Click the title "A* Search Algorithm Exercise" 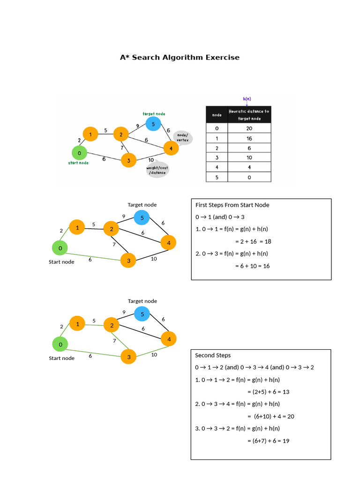(180, 57)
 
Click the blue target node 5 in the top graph (153, 124)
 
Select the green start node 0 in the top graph (79, 153)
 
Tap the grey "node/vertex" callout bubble (183, 137)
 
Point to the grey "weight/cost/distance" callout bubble (157, 170)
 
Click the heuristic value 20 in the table (249, 128)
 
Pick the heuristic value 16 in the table (249, 138)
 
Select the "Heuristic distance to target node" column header (249, 115)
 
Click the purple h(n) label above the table (247, 99)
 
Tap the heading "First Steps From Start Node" (232, 205)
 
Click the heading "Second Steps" (213, 355)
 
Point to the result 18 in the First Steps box (268, 241)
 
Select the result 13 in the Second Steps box (286, 392)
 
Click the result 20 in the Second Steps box (291, 416)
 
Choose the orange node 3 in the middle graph (128, 261)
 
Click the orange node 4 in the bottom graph (169, 339)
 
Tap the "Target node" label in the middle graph (142, 205)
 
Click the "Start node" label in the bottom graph (61, 358)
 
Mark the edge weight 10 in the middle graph (154, 259)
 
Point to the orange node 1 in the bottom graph (77, 324)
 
